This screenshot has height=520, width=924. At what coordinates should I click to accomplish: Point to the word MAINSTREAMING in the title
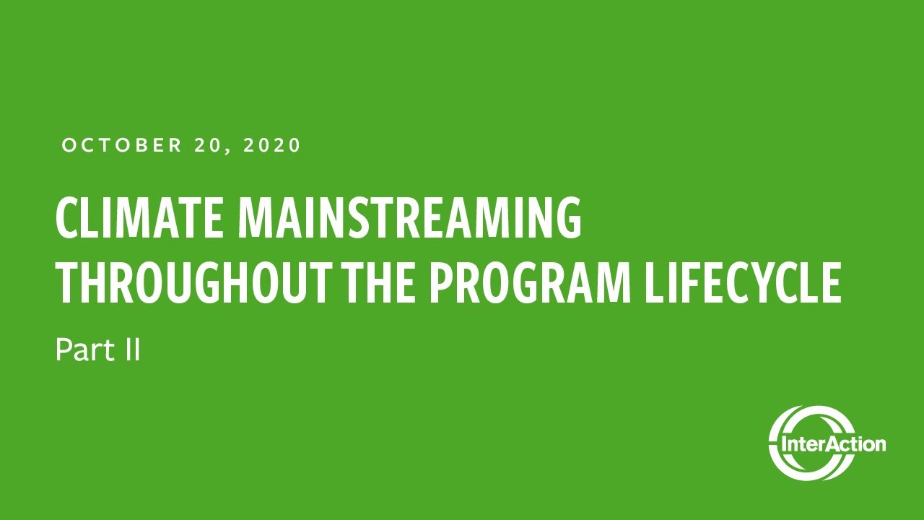click(410, 218)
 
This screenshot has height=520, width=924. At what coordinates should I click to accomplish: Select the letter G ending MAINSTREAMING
click(570, 218)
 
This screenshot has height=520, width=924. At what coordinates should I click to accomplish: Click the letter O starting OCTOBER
click(69, 145)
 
